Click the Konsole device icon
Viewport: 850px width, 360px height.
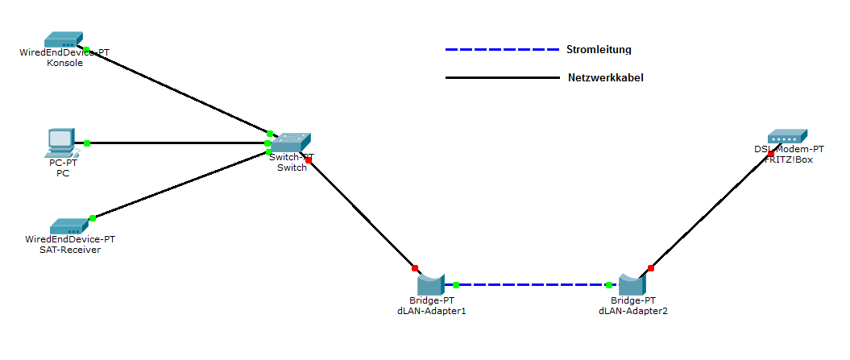pyautogui.click(x=63, y=39)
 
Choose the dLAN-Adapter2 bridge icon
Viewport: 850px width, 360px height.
pyautogui.click(x=632, y=283)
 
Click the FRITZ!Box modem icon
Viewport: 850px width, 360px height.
pyautogui.click(x=787, y=136)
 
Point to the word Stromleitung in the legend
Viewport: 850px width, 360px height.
pyautogui.click(x=599, y=50)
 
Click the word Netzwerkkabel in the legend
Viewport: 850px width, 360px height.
pyautogui.click(x=605, y=78)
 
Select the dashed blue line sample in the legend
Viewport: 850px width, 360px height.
pyautogui.click(x=501, y=50)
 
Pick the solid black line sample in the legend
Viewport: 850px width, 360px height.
pyautogui.click(x=501, y=78)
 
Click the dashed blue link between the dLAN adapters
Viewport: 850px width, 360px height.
pyautogui.click(x=532, y=284)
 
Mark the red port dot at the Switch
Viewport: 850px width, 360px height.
pyautogui.click(x=309, y=160)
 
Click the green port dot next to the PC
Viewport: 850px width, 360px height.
pyautogui.click(x=87, y=143)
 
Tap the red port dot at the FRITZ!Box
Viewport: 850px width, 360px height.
pyautogui.click(x=771, y=153)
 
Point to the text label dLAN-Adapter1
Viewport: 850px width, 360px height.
pyautogui.click(x=431, y=311)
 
